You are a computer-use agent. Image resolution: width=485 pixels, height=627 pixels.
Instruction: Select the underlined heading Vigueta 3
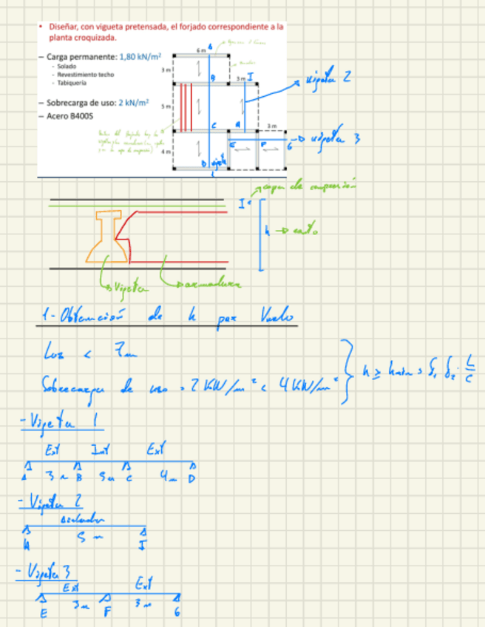[47, 572]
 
